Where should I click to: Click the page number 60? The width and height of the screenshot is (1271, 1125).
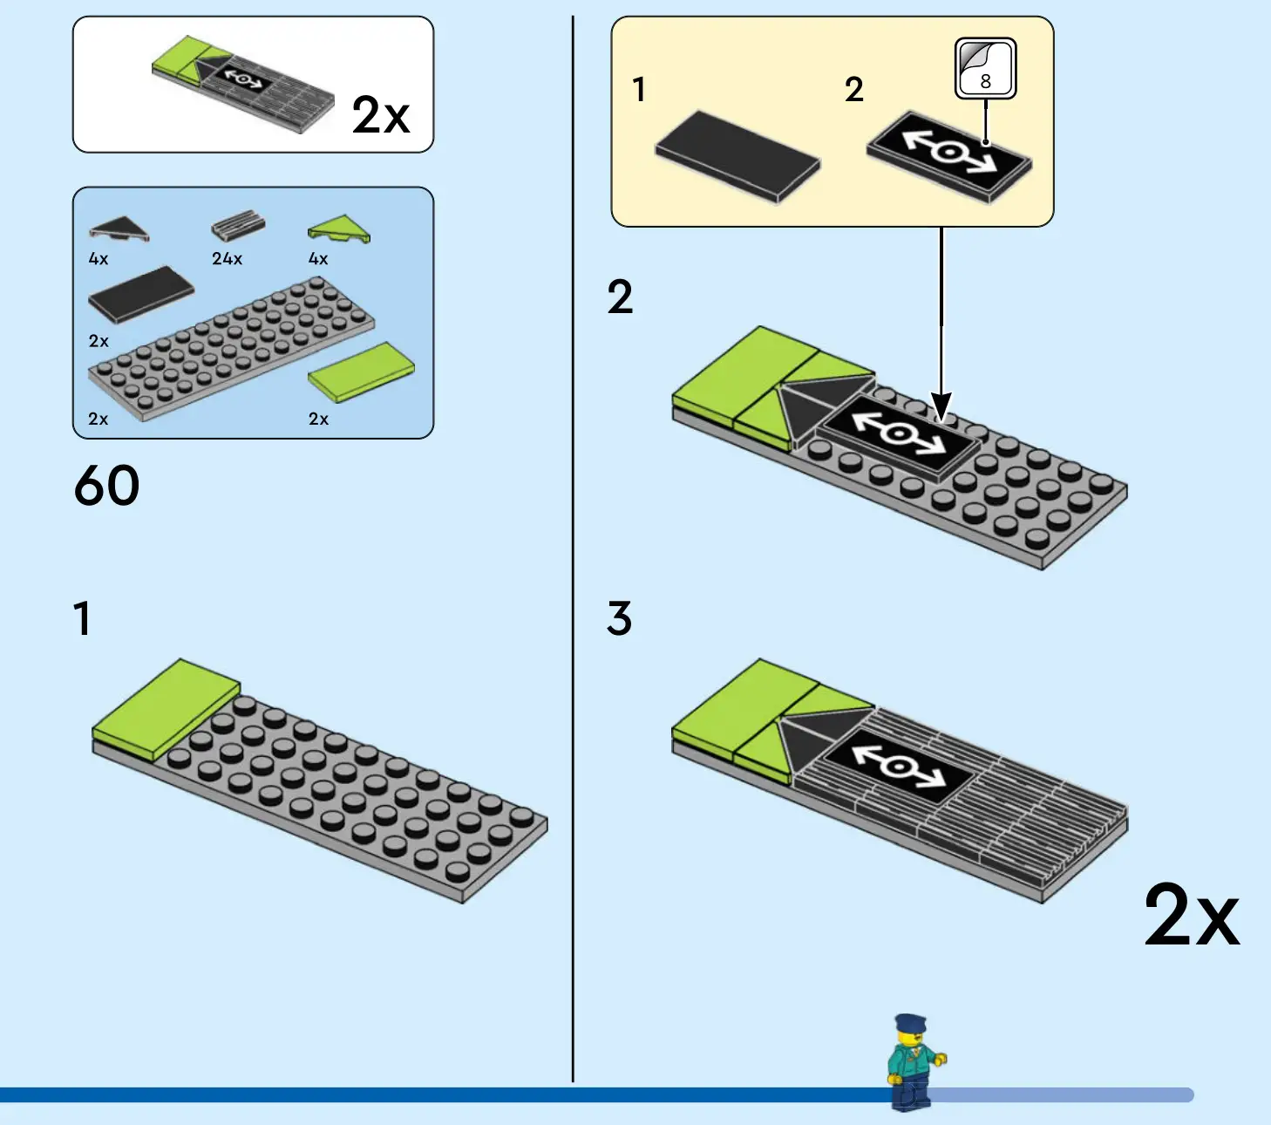pyautogui.click(x=106, y=486)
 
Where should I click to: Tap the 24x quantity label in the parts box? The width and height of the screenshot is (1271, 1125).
pyautogui.click(x=227, y=259)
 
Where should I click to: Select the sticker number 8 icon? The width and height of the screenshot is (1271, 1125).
pyautogui.click(x=986, y=68)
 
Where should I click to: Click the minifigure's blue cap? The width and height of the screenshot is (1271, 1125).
pyautogui.click(x=909, y=1023)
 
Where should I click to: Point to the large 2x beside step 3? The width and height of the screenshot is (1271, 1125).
pyautogui.click(x=1191, y=915)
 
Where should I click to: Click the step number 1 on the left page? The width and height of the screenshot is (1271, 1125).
pyautogui.click(x=82, y=619)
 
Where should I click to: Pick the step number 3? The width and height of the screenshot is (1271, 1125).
pyautogui.click(x=619, y=619)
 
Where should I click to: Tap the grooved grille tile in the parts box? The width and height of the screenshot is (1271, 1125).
pyautogui.click(x=237, y=225)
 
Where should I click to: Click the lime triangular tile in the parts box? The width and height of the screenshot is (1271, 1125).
pyautogui.click(x=339, y=229)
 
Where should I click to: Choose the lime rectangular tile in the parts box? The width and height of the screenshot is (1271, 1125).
pyautogui.click(x=361, y=372)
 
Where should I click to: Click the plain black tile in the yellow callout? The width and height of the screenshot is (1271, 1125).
pyautogui.click(x=737, y=154)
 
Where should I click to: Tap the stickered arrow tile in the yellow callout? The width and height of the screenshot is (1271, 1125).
pyautogui.click(x=949, y=154)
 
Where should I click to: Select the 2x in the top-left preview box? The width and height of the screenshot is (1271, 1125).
pyautogui.click(x=380, y=115)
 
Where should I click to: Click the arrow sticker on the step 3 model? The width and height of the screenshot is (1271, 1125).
pyautogui.click(x=899, y=765)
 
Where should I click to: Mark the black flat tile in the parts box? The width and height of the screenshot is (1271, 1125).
pyautogui.click(x=140, y=294)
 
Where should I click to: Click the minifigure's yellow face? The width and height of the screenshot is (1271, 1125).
pyautogui.click(x=907, y=1040)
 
